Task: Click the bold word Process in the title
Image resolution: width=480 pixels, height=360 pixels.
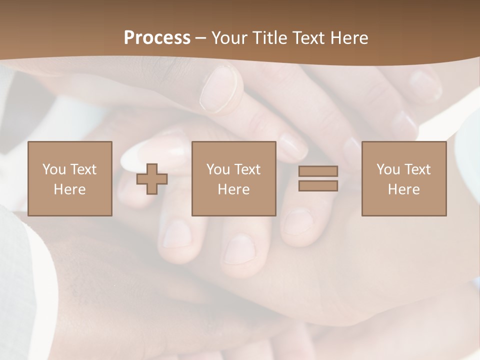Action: (157, 38)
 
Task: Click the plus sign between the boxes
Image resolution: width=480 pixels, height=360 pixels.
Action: (152, 179)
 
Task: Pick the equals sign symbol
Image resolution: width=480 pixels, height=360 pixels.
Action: (318, 178)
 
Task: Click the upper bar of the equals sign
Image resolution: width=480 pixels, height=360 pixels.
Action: (318, 171)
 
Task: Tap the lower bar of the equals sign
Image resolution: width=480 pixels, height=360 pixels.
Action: (318, 186)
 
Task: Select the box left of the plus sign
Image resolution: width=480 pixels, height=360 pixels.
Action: (70, 179)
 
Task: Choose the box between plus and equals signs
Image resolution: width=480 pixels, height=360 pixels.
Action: (234, 179)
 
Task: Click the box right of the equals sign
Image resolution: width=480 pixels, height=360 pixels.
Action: (404, 179)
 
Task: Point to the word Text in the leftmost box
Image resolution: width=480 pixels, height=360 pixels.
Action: (83, 169)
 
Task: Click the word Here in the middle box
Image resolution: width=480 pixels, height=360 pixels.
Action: (234, 189)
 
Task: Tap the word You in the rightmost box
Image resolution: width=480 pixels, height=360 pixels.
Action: (388, 169)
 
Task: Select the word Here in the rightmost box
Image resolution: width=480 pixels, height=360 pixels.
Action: (404, 189)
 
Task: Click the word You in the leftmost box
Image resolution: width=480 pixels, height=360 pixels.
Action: (54, 169)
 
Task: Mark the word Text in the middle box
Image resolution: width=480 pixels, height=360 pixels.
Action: (247, 169)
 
